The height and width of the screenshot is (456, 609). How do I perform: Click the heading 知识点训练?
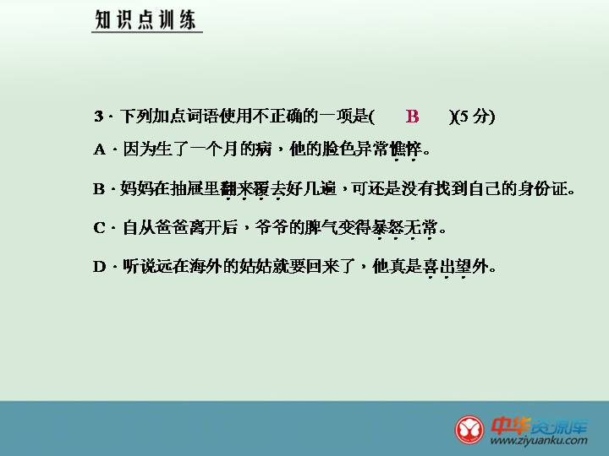145,19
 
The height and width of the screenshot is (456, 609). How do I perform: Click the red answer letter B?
412,116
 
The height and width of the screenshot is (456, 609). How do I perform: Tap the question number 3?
99,116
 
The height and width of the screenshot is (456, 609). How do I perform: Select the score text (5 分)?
475,116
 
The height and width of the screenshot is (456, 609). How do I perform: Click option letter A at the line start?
100,149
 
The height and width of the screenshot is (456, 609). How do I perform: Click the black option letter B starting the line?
99,189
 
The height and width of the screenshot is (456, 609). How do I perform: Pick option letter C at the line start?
99,228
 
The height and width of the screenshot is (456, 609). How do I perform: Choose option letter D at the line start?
100,266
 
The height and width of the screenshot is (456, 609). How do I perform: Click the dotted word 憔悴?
405,149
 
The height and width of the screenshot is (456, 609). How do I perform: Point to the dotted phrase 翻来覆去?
252,189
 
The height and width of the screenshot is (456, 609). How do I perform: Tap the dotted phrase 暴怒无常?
404,228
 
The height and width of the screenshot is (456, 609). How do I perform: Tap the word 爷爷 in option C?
272,228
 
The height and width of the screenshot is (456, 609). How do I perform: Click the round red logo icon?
469,430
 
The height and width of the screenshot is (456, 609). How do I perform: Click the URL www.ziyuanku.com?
539,441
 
